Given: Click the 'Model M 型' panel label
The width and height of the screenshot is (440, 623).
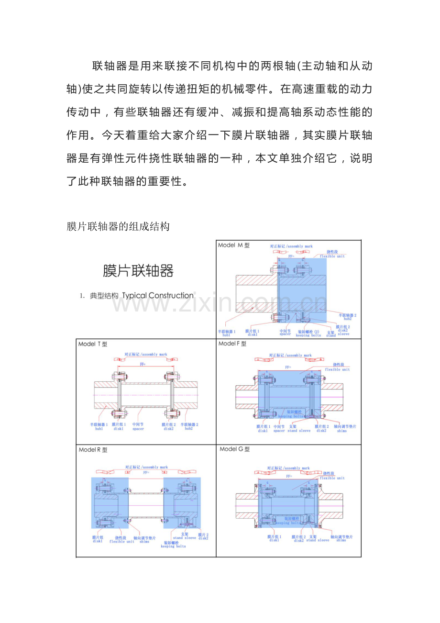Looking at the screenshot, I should (233, 245).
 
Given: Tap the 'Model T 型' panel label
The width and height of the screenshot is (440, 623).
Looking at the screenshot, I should (93, 344).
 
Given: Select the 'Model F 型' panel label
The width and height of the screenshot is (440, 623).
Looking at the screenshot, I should (232, 344).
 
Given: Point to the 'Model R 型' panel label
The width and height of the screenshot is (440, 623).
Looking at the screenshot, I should (93, 450).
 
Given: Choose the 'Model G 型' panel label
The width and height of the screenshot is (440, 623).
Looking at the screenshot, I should (234, 449).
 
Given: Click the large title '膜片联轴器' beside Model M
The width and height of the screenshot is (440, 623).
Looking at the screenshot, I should (138, 271).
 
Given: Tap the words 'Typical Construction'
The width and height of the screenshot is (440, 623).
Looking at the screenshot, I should (158, 296).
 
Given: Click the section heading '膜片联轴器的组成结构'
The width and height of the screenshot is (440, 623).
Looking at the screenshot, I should (118, 226).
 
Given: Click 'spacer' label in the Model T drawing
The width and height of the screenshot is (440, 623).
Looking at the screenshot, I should (138, 429).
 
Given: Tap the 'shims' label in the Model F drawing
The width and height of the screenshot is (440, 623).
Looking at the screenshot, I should (341, 431).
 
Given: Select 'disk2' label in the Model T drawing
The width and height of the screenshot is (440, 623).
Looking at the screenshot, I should (168, 429).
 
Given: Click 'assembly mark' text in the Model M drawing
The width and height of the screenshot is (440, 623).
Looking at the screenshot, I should (300, 246).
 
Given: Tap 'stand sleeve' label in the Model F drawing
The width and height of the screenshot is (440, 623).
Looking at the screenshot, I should (299, 431).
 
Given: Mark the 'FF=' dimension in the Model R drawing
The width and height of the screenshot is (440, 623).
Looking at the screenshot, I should (146, 473).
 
